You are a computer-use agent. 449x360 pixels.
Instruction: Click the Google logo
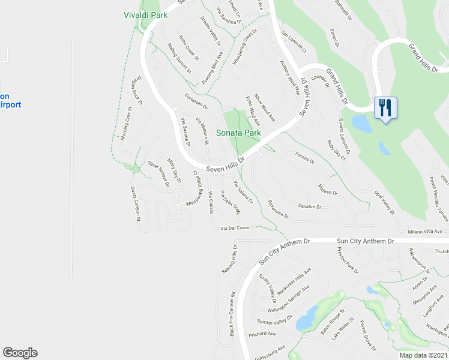20,353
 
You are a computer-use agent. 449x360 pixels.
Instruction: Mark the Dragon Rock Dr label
136,94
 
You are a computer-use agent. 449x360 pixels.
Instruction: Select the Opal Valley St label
384,200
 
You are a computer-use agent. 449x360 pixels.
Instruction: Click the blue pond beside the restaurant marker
363,124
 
